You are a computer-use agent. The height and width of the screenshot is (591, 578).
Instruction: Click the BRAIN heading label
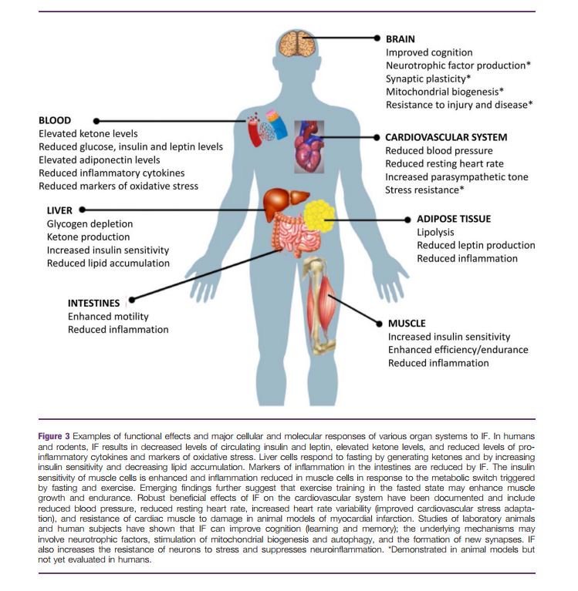coord(401,38)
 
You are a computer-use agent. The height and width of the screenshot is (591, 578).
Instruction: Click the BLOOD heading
coord(55,121)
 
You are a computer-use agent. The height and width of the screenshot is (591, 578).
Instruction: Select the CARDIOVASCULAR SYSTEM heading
coord(446,137)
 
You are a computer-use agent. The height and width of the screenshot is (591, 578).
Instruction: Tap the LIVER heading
coord(59,210)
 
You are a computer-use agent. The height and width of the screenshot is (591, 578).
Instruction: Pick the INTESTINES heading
coord(93,303)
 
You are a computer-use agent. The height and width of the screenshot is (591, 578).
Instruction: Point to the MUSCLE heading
coord(407,323)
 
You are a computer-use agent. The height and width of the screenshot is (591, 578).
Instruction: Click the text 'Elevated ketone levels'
coord(88,134)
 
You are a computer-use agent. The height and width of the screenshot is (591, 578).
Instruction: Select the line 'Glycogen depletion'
coord(90,223)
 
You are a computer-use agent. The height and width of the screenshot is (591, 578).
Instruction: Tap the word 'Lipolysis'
coord(436,232)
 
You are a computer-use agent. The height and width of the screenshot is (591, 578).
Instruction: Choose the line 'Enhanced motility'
coord(108,317)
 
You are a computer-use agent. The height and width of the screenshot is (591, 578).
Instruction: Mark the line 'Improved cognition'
coord(430,52)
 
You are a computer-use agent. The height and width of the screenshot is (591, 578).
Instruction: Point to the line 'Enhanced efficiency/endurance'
coord(458,350)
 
